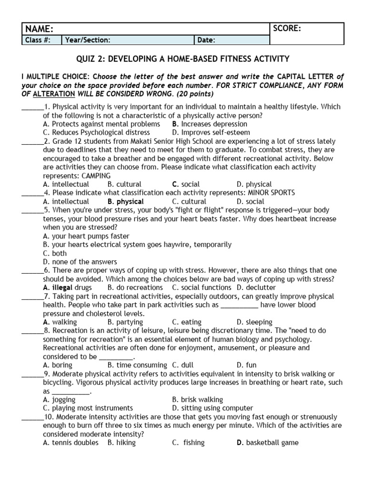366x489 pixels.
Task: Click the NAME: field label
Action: point(39,29)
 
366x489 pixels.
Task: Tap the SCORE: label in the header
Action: point(287,29)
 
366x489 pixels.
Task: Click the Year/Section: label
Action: point(88,40)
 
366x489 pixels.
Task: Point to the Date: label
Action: point(206,40)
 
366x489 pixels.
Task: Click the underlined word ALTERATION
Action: point(51,94)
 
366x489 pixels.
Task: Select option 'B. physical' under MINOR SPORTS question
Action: point(125,202)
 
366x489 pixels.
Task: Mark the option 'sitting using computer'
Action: point(213,408)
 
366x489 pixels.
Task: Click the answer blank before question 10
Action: point(32,417)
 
